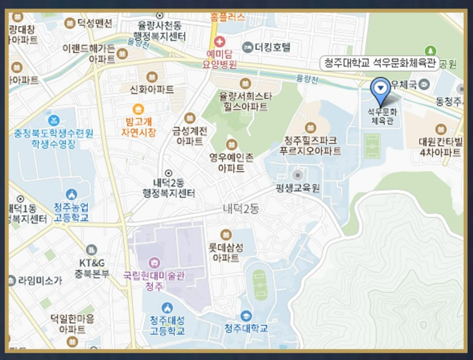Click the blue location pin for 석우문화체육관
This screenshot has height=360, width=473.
pyautogui.click(x=381, y=88)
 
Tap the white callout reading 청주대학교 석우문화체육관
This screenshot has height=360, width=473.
pyautogui.click(x=379, y=63)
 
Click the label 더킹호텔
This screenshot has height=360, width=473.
pyautogui.click(x=272, y=47)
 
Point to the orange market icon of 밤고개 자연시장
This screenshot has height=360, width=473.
pyautogui.click(x=138, y=109)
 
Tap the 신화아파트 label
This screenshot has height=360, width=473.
pyautogui.click(x=151, y=89)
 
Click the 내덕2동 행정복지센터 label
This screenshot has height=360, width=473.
pyautogui.click(x=169, y=188)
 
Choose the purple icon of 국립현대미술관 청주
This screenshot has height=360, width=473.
pyautogui.click(x=154, y=263)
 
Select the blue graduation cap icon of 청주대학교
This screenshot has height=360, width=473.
pyautogui.click(x=246, y=316)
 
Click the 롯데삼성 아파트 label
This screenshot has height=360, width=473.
pyautogui.click(x=226, y=252)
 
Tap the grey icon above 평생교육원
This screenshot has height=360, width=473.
pyautogui.click(x=298, y=175)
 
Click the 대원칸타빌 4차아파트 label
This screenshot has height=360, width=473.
pyautogui.click(x=440, y=147)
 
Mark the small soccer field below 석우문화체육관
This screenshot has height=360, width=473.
pyautogui.click(x=372, y=146)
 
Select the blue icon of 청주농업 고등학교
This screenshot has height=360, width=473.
pyautogui.click(x=71, y=194)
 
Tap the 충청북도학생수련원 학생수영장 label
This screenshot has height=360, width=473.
pyautogui.click(x=54, y=138)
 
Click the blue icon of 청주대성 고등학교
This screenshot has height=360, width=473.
pyautogui.click(x=167, y=308)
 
